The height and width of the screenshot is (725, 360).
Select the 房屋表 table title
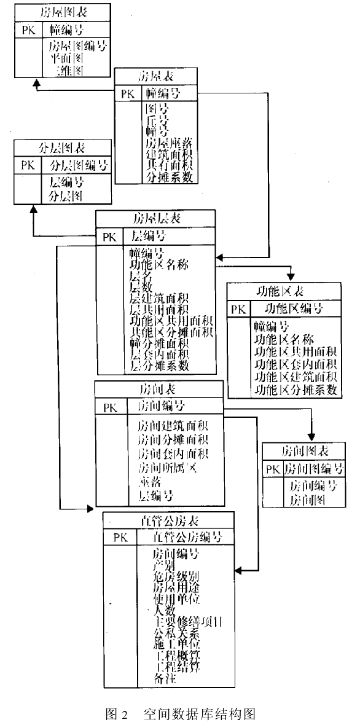156,77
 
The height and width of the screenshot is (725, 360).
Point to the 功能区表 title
283,291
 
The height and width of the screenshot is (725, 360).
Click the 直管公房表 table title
168,520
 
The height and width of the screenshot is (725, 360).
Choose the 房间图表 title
304,451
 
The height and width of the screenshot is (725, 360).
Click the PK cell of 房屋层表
109,237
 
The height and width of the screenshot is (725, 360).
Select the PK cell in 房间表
110,407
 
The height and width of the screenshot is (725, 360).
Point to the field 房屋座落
168,143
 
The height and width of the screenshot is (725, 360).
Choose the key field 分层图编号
79,165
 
